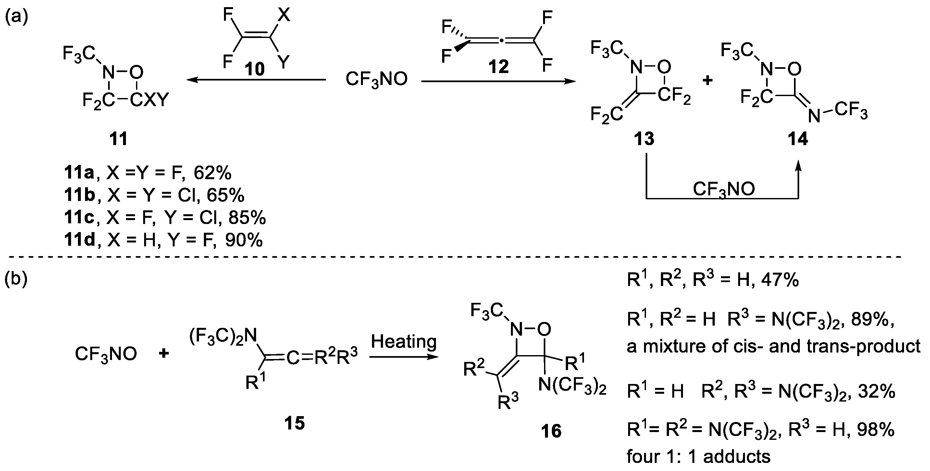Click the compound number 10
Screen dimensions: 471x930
255,68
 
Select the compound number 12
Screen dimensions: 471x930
498,67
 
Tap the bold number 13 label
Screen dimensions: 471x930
644,139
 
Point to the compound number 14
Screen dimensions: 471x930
798,139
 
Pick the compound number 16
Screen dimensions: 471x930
551,431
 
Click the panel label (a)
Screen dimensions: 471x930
16,17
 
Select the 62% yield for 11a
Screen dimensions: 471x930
213,173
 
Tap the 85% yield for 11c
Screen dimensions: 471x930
247,217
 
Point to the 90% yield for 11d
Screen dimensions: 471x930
244,240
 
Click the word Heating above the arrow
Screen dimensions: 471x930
403,341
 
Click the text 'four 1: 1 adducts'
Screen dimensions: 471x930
699,457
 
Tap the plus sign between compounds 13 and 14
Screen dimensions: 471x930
707,81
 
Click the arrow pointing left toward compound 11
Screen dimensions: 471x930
256,80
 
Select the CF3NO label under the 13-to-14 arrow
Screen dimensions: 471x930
724,189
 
